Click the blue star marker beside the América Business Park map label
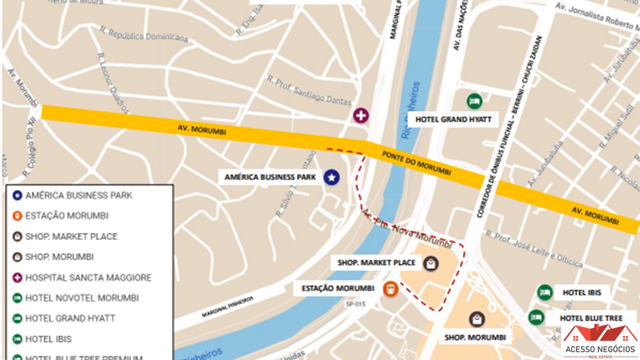coord(331,177)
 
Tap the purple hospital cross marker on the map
coord(360,115)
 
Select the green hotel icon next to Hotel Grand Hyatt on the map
coord(474,101)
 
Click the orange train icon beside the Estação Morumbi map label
coord(390,288)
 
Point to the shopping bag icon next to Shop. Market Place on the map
coord(430,263)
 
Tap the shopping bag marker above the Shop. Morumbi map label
coord(476,319)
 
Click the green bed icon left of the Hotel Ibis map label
coord(544,292)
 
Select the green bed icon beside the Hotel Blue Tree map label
coord(536,317)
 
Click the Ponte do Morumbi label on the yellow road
coord(416,163)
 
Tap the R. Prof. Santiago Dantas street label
coord(309,90)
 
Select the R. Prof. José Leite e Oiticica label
coord(534,249)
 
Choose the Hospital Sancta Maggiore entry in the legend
coord(88,277)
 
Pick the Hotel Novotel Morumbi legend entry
coord(81,298)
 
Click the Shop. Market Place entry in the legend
coord(71,236)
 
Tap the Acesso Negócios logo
coord(600,341)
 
